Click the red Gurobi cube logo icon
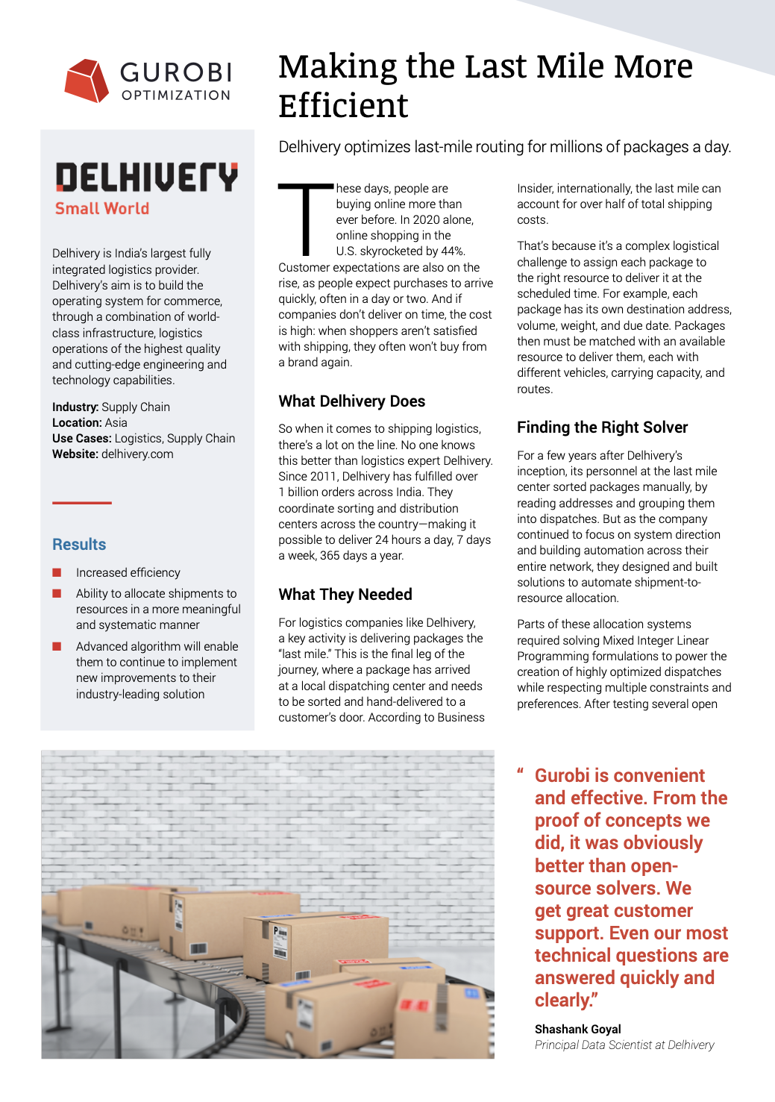87,81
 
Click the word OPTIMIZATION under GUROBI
176,96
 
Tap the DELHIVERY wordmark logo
147,178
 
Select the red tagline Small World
102,209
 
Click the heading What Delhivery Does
352,401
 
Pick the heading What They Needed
345,595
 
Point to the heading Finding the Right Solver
603,428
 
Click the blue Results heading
79,545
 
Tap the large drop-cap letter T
306,219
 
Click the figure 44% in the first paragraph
452,251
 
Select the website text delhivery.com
137,454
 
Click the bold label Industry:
75,407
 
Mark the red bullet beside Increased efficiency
57,572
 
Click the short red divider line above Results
82,503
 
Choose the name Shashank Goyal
578,1030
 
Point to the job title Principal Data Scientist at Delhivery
624,1045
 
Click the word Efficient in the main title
344,106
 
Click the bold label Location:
77,423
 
